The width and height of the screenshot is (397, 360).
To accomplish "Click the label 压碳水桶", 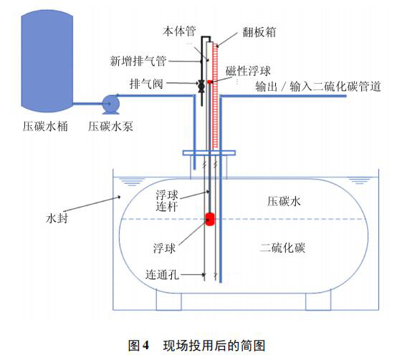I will coord(44,127).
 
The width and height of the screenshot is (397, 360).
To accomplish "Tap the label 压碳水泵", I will coord(110,127).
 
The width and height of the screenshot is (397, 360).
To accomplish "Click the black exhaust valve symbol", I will coord(201,86).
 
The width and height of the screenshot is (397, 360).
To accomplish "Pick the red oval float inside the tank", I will coord(211,218).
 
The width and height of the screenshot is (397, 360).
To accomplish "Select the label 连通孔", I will coord(167,275).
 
